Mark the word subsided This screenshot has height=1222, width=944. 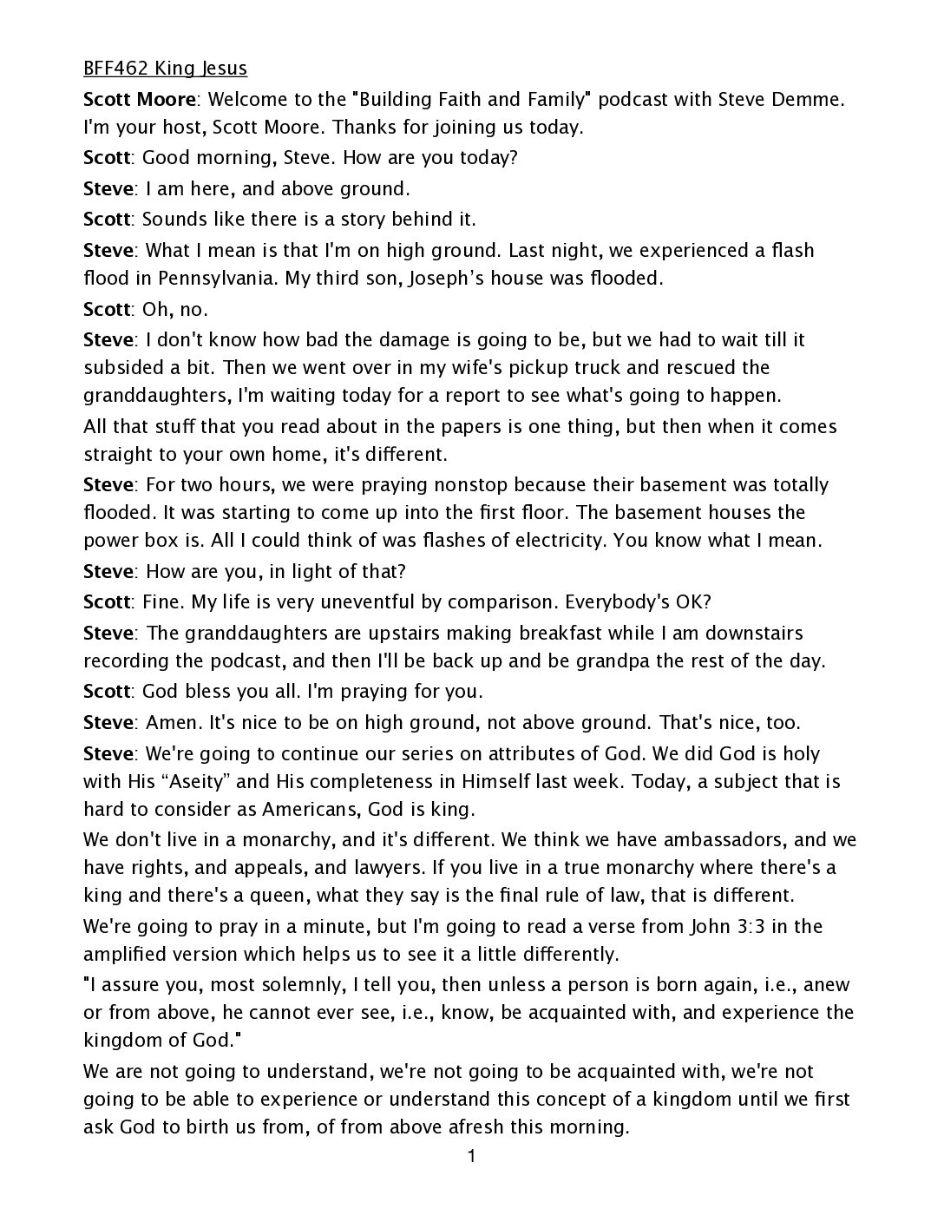pyautogui.click(x=122, y=368)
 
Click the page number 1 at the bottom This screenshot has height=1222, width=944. pyautogui.click(x=470, y=1156)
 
